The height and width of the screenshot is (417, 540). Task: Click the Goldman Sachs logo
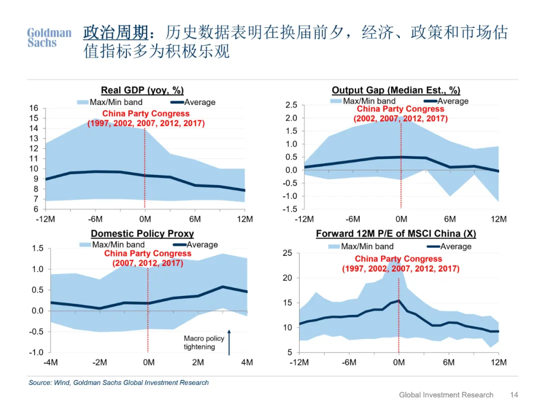49,37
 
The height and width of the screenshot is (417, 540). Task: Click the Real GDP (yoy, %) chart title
142,90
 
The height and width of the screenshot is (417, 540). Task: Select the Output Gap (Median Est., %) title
396,90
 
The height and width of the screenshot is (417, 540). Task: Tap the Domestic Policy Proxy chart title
142,233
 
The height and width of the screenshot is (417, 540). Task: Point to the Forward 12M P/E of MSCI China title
396,233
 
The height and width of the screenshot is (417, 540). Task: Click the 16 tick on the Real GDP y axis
33,108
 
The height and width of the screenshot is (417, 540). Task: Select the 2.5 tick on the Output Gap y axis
291,105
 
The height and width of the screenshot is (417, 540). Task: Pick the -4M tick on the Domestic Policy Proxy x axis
51,362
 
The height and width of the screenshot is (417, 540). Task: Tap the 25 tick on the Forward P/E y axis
287,253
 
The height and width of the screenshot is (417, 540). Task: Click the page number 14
514,395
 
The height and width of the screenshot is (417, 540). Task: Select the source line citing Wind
118,382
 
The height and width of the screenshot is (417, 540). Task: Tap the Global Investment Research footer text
446,395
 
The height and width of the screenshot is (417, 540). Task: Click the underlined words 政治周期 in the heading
115,32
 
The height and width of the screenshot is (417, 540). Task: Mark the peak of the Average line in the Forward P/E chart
398,300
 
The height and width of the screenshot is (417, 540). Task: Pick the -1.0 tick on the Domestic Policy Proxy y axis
36,352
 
